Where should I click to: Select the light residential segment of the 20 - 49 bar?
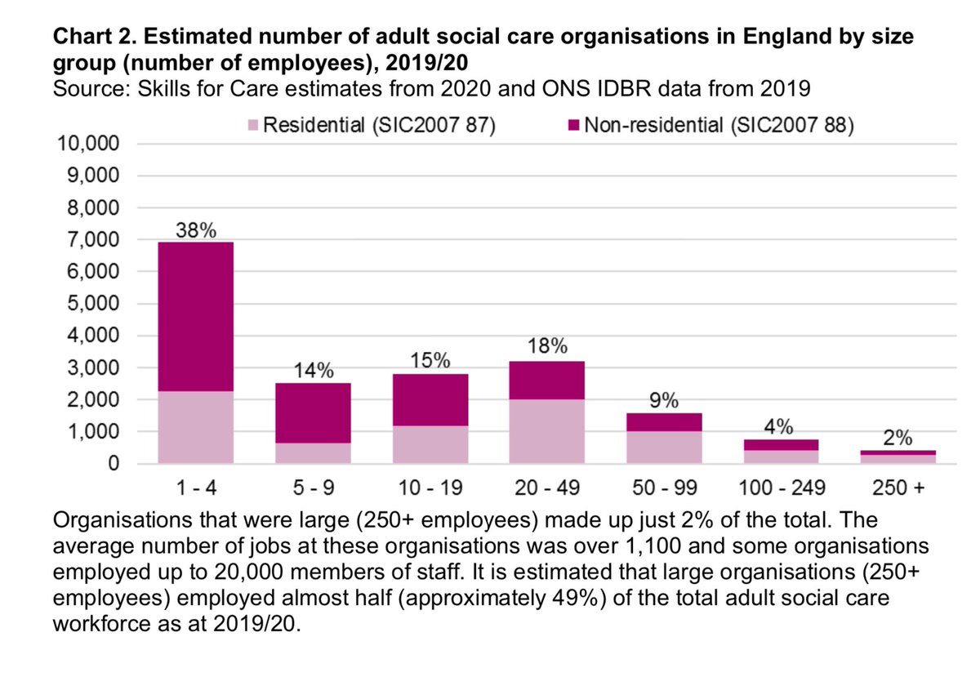pyautogui.click(x=546, y=431)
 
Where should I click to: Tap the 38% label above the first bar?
pyautogui.click(x=198, y=230)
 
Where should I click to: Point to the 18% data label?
pyautogui.click(x=546, y=346)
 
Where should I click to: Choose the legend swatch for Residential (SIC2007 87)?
pyautogui.click(x=253, y=127)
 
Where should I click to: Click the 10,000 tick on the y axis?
pyautogui.click(x=89, y=144)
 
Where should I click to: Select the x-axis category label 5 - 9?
pyautogui.click(x=314, y=488)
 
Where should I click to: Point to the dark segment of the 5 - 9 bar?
pyautogui.click(x=314, y=412)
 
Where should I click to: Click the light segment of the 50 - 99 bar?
pyautogui.click(x=663, y=447)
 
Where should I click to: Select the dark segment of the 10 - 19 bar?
pyautogui.click(x=430, y=399)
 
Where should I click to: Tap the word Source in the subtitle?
pyautogui.click(x=87, y=86)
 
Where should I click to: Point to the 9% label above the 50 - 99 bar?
pyautogui.click(x=663, y=401)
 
